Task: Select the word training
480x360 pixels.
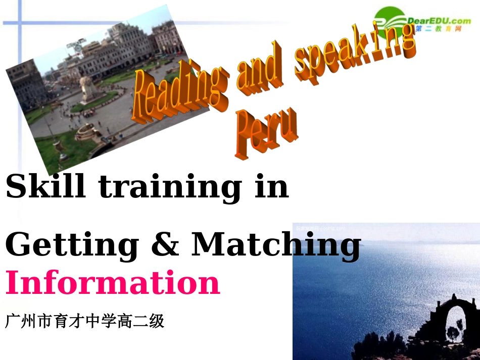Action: click(x=170, y=187)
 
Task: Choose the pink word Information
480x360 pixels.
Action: click(x=113, y=283)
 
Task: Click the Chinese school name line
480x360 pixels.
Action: click(x=85, y=321)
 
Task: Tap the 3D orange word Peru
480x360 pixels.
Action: click(x=267, y=132)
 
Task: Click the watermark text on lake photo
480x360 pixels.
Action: click(x=320, y=229)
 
